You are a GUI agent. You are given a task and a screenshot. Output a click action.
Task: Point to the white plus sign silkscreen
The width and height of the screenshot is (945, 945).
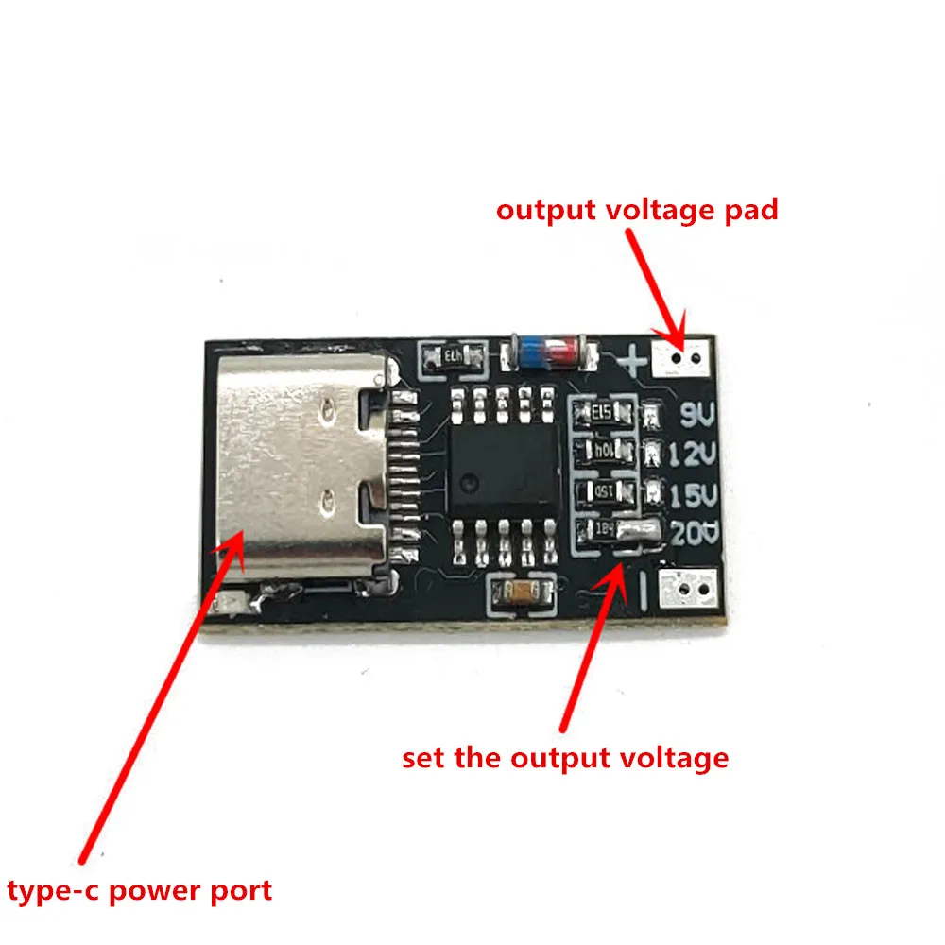(x=632, y=358)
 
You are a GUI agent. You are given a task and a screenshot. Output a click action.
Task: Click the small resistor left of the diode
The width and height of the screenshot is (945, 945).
(x=451, y=357)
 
